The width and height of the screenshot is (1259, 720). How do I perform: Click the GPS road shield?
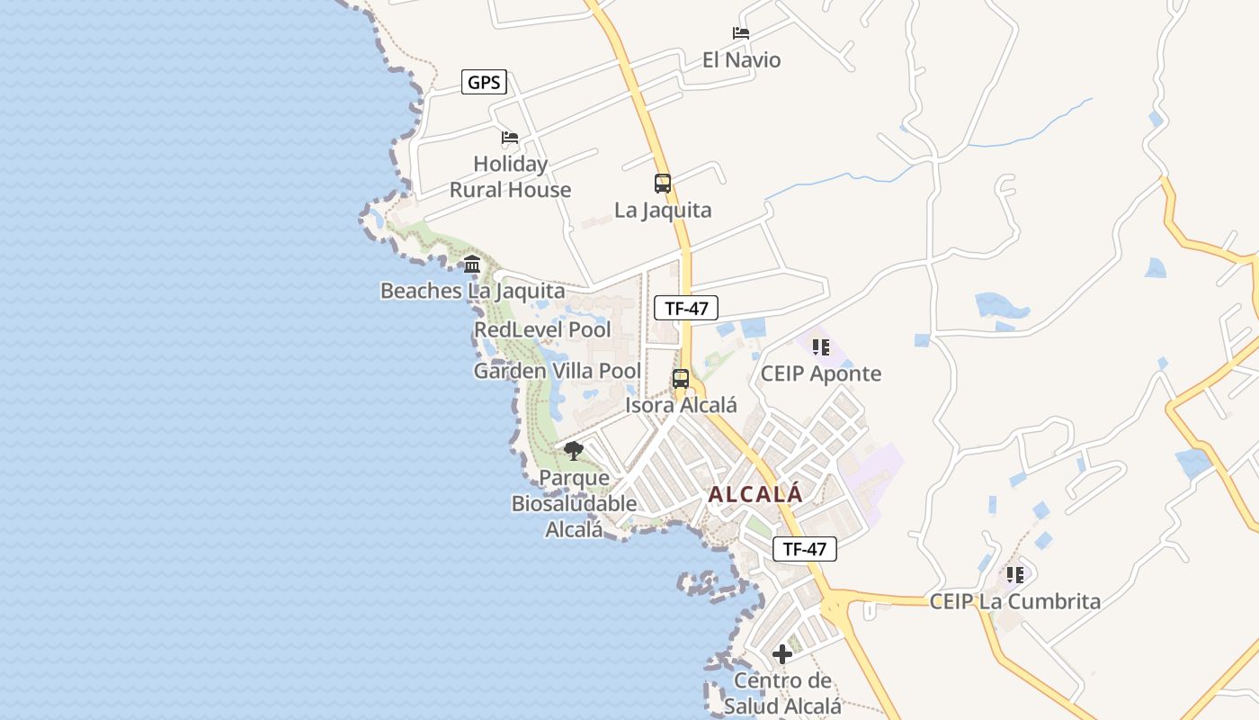click(x=484, y=83)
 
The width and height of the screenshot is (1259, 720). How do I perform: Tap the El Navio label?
click(x=741, y=60)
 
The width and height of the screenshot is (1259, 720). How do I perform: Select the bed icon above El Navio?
click(x=741, y=33)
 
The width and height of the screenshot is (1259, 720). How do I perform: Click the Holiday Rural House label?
click(x=510, y=176)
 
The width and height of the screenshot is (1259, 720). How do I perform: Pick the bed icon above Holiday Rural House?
click(x=510, y=138)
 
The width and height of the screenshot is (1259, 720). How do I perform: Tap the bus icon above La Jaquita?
click(x=663, y=184)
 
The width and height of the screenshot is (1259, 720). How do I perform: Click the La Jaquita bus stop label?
click(x=663, y=210)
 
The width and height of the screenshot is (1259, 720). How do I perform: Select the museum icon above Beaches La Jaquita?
click(x=472, y=264)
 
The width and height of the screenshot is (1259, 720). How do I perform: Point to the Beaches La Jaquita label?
click(x=472, y=291)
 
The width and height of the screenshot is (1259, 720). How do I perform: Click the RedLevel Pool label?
click(x=542, y=329)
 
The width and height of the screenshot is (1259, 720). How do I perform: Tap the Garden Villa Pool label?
click(x=558, y=371)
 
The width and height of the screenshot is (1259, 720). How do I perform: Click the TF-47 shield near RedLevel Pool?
click(x=686, y=308)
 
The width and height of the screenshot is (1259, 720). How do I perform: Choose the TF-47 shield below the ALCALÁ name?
click(x=804, y=548)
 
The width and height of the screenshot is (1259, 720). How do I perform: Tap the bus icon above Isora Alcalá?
click(x=681, y=379)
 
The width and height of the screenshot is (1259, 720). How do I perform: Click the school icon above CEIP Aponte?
click(x=820, y=346)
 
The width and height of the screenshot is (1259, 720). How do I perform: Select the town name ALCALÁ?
click(x=755, y=494)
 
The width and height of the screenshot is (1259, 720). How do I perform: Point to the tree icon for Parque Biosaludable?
click(x=574, y=451)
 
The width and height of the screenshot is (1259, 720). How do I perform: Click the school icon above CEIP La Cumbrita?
click(x=1015, y=574)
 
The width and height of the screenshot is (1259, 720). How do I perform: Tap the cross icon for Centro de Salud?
click(x=782, y=654)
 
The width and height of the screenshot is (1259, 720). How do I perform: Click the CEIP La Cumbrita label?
click(x=1015, y=601)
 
